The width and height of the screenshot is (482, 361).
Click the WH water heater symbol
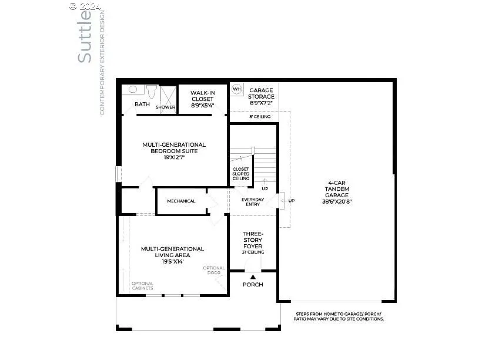(x=237, y=89)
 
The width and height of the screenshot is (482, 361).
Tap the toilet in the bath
(x=152, y=92)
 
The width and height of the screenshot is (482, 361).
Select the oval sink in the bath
(x=133, y=90)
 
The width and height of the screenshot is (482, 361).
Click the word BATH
(x=142, y=104)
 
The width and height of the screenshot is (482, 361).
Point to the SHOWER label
(x=165, y=107)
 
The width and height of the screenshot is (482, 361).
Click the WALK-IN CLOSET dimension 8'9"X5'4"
(x=202, y=106)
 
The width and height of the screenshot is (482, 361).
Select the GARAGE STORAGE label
(x=261, y=94)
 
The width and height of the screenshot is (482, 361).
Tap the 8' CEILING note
(x=260, y=117)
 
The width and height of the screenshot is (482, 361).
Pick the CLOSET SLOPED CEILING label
(x=241, y=174)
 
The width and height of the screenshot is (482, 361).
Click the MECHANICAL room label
(x=181, y=201)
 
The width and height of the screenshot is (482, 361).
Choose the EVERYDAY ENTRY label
(x=253, y=202)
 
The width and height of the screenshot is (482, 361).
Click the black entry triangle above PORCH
(x=253, y=276)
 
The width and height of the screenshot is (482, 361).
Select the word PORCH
(x=253, y=285)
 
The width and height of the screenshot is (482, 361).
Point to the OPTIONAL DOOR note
(x=214, y=271)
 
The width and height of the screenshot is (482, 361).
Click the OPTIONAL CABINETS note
(x=142, y=286)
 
